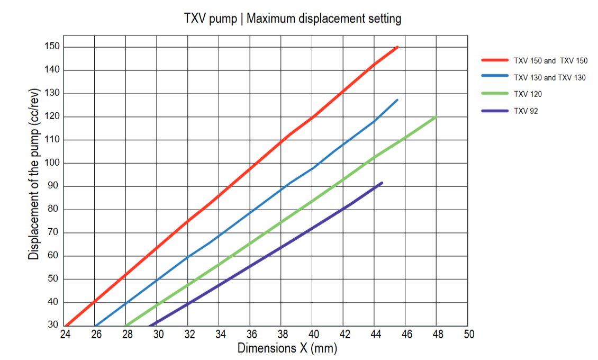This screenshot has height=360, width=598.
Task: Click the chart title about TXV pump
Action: pyautogui.click(x=292, y=19)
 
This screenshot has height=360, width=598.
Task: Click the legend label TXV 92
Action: pyautogui.click(x=525, y=111)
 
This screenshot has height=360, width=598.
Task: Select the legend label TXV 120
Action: pyautogui.click(x=528, y=94)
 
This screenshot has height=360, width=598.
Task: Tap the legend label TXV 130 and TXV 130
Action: pyautogui.click(x=550, y=77)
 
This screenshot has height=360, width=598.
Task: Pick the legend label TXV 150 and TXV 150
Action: pyautogui.click(x=550, y=61)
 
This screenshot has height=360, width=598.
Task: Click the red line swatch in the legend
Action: pyautogui.click(x=495, y=60)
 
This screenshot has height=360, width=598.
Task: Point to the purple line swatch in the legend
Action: pyautogui.click(x=495, y=111)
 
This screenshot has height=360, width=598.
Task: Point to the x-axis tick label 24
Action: pyautogui.click(x=65, y=334)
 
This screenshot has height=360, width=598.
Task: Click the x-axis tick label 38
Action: pyautogui.click(x=282, y=334)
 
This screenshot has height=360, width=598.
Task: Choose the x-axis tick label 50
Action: pyautogui.click(x=468, y=334)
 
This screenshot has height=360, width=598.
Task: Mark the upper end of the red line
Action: pyautogui.click(x=397, y=47)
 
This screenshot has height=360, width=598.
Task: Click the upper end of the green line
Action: pyautogui.click(x=437, y=116)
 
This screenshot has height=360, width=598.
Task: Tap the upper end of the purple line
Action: pyautogui.click(x=382, y=183)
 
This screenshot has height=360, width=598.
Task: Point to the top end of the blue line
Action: pyautogui.click(x=397, y=100)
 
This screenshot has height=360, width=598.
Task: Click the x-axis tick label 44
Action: pyautogui.click(x=375, y=334)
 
